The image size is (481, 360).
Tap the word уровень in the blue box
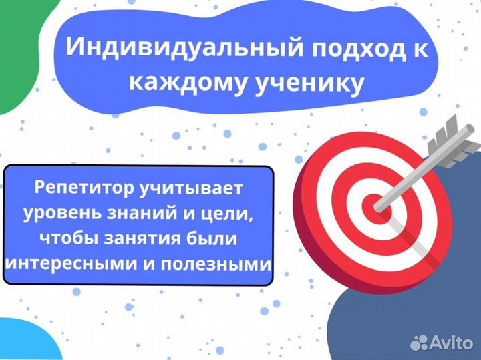(x=64, y=214)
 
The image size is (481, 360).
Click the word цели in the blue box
(x=234, y=214)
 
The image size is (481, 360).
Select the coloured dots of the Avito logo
(x=419, y=343)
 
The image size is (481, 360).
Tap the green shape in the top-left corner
(x=13, y=53)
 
